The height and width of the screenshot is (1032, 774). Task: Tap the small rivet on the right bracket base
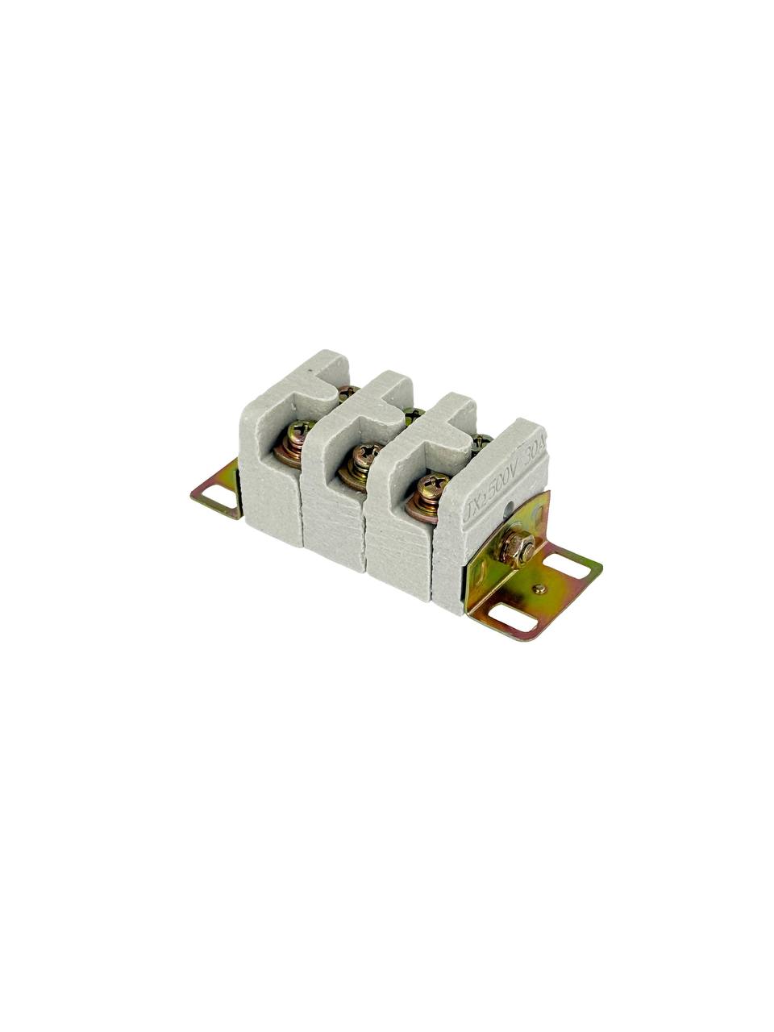point(539,589)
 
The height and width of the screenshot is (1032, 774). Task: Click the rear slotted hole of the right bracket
point(572,566)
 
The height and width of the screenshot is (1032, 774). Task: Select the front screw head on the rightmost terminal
point(433,485)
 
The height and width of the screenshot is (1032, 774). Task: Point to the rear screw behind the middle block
point(414,415)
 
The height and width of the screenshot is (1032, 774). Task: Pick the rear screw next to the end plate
point(481,440)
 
